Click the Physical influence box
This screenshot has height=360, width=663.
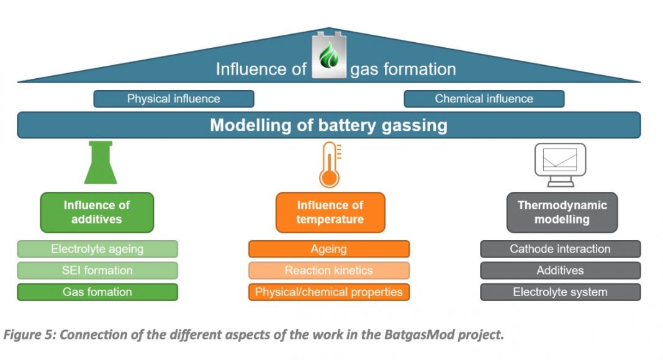174,99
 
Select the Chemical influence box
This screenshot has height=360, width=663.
484,99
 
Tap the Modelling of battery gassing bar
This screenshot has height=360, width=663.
329,125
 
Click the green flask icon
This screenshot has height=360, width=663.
101,163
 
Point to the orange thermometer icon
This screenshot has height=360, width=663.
330,164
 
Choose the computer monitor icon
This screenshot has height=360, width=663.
560,164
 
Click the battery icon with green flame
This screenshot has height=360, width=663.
329,55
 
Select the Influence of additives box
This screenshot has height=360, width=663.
97,212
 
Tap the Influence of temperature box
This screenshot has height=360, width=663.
330,212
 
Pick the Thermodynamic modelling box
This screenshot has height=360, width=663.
562,212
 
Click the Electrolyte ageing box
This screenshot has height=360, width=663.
97,249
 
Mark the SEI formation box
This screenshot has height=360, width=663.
97,271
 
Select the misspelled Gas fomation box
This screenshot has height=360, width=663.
97,292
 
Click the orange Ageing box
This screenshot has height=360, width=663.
329,249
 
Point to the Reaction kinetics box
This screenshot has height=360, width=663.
329,271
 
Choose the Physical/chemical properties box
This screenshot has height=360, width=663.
329,292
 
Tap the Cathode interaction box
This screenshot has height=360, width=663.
560,249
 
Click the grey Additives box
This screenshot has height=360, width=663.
560,271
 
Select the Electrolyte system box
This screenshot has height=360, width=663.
560,292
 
